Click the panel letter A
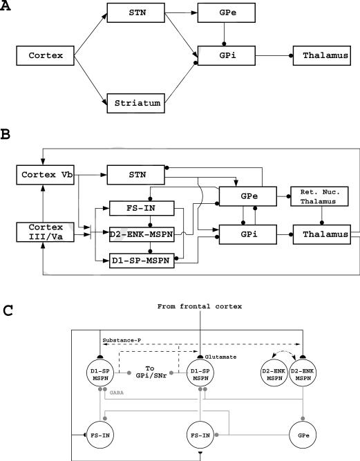[6, 6]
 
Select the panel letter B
[6, 137]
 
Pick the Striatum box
[137, 104]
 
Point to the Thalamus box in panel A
[319, 54]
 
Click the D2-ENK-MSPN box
[141, 233]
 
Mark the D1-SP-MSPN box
[141, 261]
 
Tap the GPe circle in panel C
[305, 419]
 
